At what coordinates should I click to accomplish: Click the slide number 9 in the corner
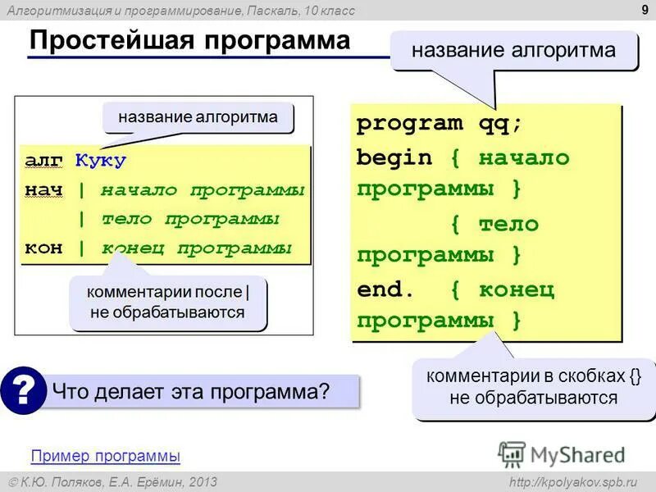644,10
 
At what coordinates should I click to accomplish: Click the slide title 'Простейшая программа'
189,41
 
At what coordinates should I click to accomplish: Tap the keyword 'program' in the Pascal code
409,124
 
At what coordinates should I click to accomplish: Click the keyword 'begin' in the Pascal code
394,157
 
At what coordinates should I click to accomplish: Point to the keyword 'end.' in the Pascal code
386,289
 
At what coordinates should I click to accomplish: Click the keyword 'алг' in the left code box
43,160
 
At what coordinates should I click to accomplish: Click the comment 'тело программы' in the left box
190,219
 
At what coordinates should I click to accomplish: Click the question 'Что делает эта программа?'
190,391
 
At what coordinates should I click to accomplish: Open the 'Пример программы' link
105,456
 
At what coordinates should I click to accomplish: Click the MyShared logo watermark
563,453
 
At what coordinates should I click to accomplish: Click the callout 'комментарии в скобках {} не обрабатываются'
533,388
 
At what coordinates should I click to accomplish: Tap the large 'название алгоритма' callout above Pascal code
513,51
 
